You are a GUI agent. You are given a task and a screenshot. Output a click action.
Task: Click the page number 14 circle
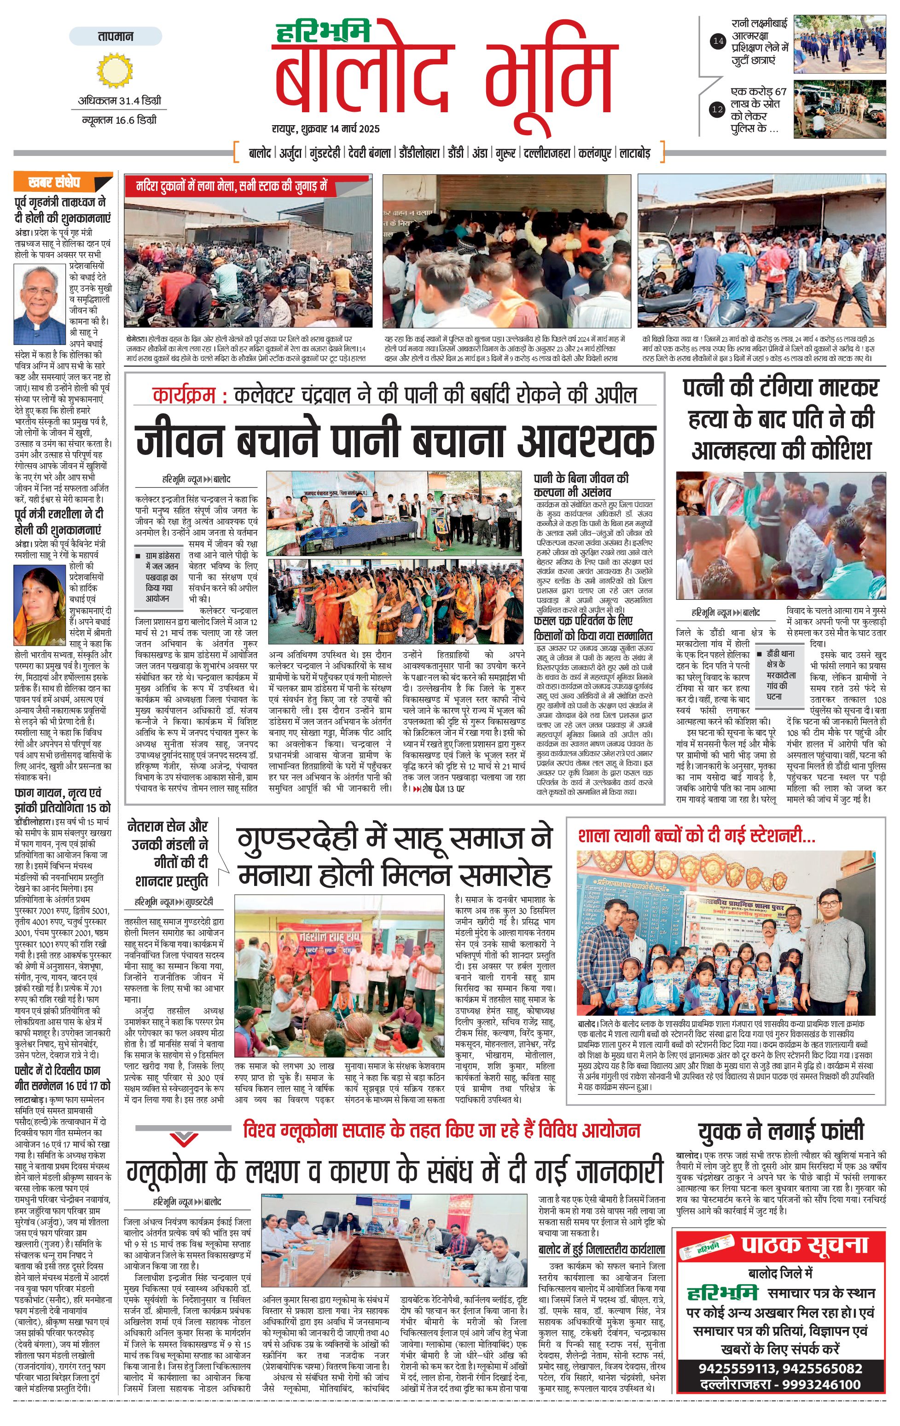point(718,41)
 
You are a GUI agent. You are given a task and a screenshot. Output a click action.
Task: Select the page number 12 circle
point(718,109)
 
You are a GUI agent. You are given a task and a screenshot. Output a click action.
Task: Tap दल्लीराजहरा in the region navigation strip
point(546,153)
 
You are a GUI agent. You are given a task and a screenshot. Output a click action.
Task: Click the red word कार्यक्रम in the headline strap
point(184,394)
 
